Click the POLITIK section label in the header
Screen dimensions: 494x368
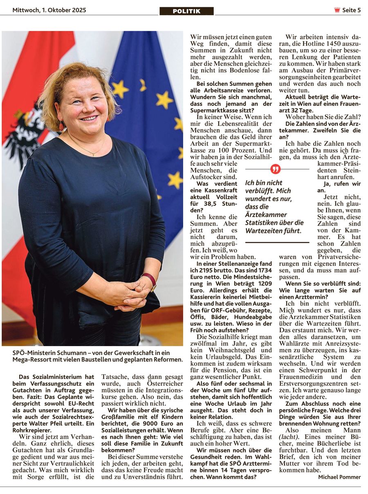(186, 11)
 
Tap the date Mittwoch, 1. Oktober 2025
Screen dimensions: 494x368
(49, 10)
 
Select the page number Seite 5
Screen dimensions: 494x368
(351, 10)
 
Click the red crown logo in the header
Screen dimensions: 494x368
(337, 10)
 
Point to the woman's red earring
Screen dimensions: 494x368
(62, 125)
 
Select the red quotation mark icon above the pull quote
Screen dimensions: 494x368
(276, 169)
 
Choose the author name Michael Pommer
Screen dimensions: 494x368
(339, 477)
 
